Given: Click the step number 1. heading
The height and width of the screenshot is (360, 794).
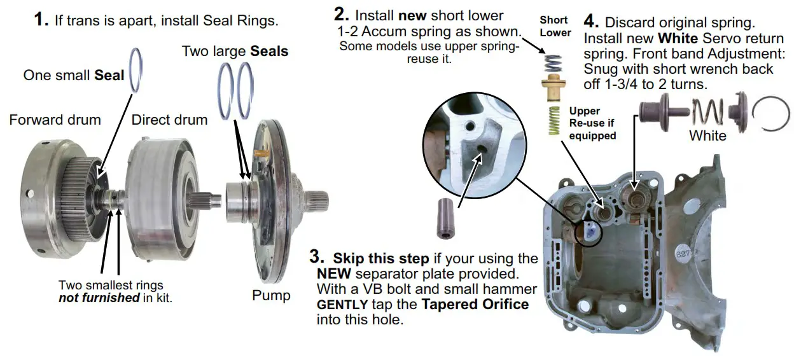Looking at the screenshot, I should [41, 20].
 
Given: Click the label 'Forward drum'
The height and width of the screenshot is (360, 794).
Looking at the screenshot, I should [55, 120].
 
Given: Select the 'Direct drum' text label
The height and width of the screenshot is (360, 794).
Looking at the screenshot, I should [169, 120].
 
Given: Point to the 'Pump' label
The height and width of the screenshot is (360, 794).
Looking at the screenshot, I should [271, 295].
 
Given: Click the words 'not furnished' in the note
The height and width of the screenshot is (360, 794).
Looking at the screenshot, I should [99, 298].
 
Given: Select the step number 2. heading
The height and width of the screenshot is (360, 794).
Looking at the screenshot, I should [342, 14].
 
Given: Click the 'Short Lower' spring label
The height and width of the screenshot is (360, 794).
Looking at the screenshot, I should [555, 27].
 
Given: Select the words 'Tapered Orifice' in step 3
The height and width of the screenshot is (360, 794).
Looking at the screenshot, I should [475, 304].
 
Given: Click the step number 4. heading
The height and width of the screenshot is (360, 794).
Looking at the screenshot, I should [591, 21].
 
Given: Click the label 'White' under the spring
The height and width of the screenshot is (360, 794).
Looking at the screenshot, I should [707, 135].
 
